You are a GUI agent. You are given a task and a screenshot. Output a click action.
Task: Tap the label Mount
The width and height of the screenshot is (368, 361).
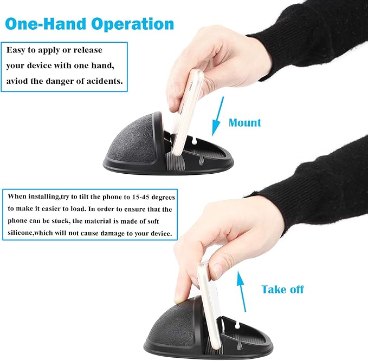244,122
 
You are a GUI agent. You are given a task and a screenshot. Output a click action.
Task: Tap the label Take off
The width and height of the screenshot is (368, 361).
282,290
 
